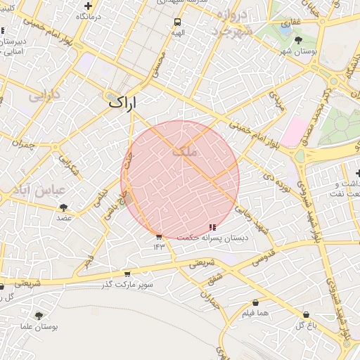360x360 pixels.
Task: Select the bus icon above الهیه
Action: [x=178, y=22]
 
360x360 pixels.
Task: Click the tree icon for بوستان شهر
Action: [x=299, y=41]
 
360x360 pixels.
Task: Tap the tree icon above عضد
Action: [x=64, y=207]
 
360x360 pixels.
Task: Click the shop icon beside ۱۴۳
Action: [x=159, y=237]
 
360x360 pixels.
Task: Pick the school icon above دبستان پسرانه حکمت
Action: [x=212, y=226]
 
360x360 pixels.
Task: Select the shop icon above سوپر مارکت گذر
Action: [x=127, y=274]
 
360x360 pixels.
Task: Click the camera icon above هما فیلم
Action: [x=255, y=302]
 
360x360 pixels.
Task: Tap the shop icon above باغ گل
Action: [x=306, y=314]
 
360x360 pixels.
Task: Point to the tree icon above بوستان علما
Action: [x=38, y=316]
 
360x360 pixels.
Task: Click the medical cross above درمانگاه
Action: [x=87, y=6]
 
